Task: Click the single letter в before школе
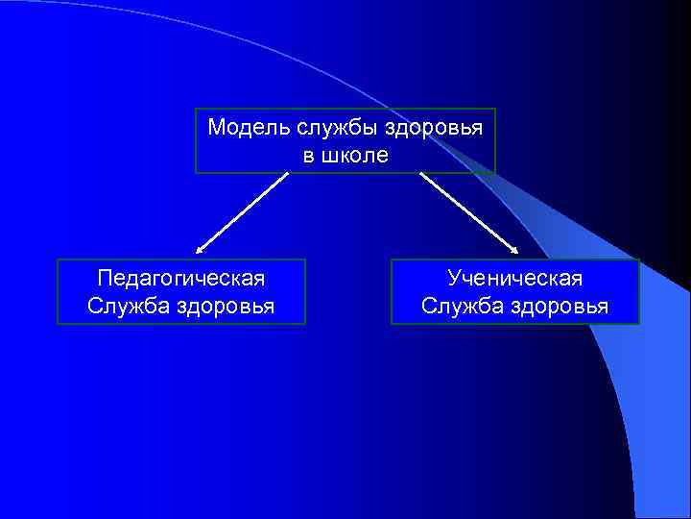click(308, 155)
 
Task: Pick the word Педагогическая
click(181, 279)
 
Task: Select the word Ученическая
click(514, 279)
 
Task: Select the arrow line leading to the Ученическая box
click(468, 213)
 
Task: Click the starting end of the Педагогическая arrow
click(287, 175)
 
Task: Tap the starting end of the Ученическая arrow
click(420, 175)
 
